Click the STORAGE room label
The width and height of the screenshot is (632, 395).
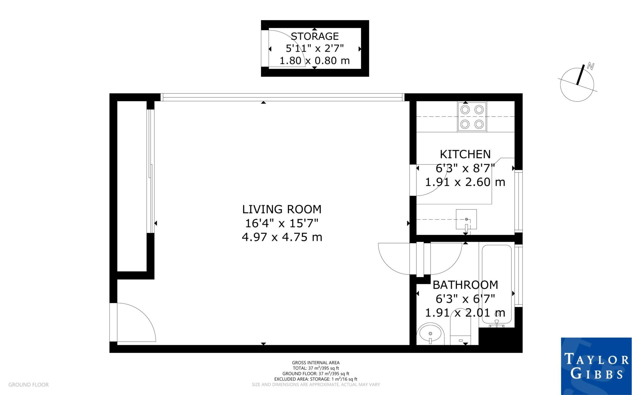click(315, 36)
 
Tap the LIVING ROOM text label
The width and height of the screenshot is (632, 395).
click(282, 209)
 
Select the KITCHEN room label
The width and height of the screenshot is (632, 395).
click(465, 154)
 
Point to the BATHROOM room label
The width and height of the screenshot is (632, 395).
click(465, 285)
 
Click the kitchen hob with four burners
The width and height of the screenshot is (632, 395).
click(472, 117)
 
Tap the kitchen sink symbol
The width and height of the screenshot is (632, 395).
click(466, 219)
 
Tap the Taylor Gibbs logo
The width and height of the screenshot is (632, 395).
click(596, 366)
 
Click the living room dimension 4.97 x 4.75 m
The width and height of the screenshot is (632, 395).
click(282, 237)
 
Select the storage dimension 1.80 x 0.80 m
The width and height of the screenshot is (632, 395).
click(314, 61)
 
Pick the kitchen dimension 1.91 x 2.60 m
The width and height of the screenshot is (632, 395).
click(465, 182)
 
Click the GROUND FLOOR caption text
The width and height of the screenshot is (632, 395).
click(28, 385)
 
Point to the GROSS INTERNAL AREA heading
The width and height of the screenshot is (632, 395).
click(316, 363)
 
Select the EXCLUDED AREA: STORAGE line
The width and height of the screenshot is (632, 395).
click(316, 379)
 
